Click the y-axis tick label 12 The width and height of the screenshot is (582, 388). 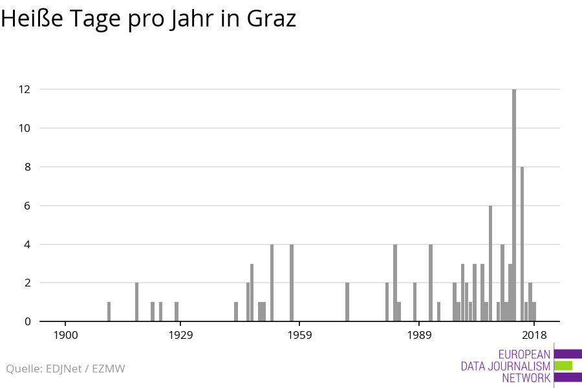coord(25,89)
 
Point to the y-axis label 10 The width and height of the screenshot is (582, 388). coord(25,128)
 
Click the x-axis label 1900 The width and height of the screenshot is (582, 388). coord(65,335)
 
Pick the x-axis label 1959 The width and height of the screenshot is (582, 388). coord(299,335)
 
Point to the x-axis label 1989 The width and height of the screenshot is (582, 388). coord(419,335)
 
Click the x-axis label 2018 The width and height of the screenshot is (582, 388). coord(534,335)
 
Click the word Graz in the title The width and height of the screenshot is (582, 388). coord(272,19)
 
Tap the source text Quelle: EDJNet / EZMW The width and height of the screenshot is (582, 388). coord(65,369)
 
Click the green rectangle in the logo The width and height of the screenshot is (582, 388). coord(563,365)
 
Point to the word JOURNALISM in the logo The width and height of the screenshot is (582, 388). coord(518,366)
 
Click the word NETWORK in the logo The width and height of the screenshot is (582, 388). coord(526,378)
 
